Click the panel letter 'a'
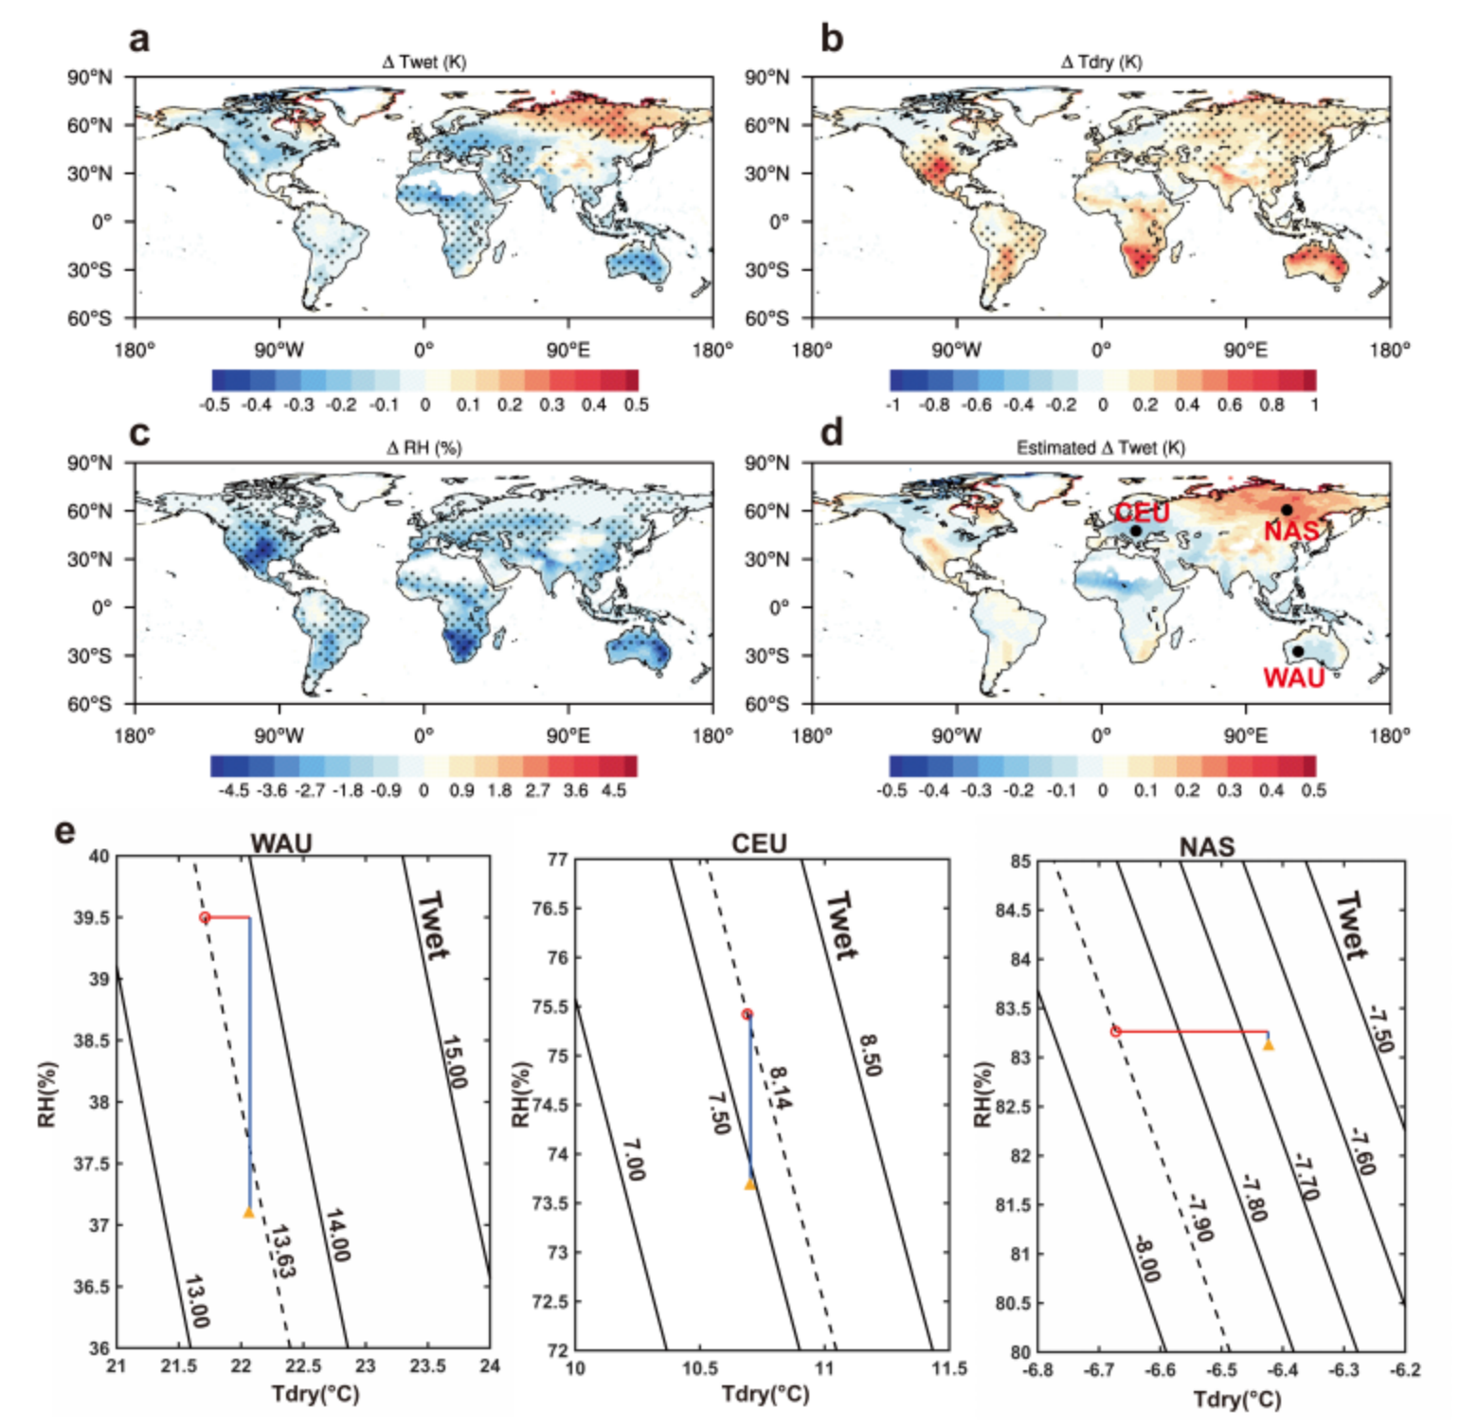139,40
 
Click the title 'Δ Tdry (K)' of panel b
1101,62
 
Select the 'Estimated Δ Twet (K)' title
1100,447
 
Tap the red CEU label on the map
1142,513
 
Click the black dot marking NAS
1286,510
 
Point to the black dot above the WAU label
1297,651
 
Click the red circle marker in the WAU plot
205,917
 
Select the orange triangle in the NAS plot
1268,1045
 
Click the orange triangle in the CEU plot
749,1183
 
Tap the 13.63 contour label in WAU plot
282,1251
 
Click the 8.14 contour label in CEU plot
780,1087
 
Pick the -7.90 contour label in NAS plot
1200,1218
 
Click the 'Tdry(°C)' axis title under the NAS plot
1236,1399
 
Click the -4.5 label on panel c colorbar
233,790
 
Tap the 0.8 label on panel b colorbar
1271,405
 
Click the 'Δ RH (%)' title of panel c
424,447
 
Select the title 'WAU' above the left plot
280,843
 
